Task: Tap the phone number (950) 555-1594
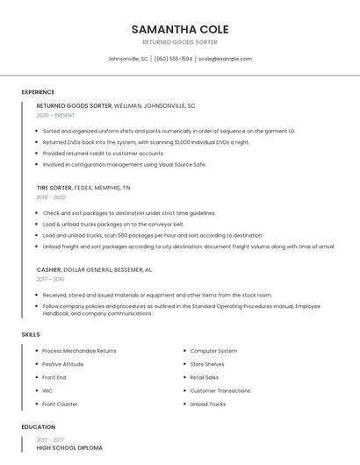[173, 59]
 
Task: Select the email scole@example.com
[225, 59]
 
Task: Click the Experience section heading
[38, 92]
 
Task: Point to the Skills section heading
[31, 334]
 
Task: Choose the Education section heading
[38, 427]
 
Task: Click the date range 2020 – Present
[55, 115]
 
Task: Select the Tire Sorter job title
[54, 188]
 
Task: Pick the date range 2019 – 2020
[51, 197]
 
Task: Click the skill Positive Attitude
[63, 364]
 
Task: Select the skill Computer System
[213, 351]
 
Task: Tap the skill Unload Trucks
[208, 404]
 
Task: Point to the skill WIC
[47, 390]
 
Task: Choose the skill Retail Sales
[205, 377]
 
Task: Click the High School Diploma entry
[69, 448]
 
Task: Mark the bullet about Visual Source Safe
[124, 164]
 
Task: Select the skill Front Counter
[60, 404]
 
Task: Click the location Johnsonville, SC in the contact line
[127, 59]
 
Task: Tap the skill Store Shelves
[207, 364]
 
